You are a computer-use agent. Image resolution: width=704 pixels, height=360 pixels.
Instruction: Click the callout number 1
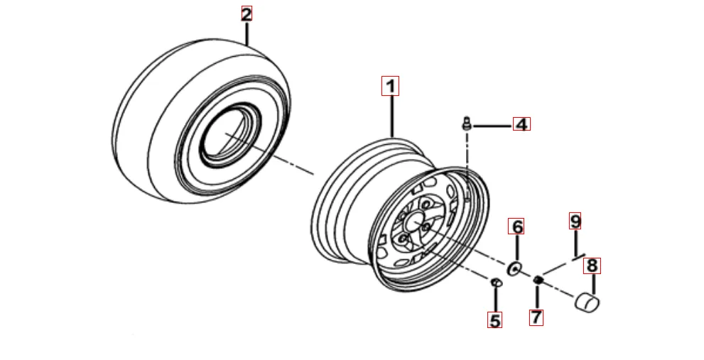(390, 86)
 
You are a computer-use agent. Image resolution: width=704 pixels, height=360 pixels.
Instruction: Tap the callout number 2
(247, 13)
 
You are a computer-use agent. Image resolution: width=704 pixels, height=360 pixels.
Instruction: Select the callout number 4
(521, 124)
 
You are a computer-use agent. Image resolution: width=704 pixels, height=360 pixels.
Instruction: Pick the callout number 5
(495, 320)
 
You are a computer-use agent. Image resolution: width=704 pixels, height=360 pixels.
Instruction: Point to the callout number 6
(518, 227)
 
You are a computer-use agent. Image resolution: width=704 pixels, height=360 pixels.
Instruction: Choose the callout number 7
(537, 317)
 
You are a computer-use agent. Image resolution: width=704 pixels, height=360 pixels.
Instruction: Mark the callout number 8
(592, 266)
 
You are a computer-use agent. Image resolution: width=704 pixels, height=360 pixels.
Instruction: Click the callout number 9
(575, 221)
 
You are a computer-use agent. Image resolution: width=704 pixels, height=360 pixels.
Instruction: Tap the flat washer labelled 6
(514, 268)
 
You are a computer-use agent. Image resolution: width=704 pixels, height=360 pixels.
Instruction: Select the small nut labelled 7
(538, 280)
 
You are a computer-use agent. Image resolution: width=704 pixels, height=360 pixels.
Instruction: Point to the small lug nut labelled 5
(495, 283)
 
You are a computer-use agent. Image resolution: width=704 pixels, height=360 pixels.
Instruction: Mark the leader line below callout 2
(247, 33)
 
